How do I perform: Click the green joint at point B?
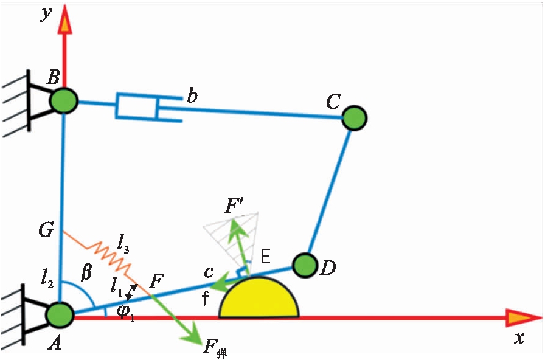[x=64, y=100]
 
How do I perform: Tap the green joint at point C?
[x=353, y=117]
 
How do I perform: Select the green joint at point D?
[x=305, y=265]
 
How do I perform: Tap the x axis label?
[x=518, y=338]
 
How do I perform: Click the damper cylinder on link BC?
[x=137, y=106]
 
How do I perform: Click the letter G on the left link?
[x=47, y=230]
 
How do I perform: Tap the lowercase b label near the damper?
[x=192, y=95]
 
